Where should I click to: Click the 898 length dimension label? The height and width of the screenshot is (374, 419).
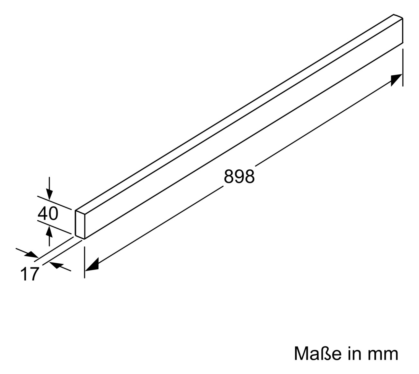239,176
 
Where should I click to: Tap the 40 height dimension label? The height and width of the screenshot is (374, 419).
48,213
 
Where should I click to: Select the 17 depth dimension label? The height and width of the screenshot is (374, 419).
30,273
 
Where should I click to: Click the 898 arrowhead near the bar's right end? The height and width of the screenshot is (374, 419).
396,80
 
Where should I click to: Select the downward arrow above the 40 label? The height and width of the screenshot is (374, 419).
49,188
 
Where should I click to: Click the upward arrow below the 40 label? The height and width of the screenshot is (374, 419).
49,236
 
